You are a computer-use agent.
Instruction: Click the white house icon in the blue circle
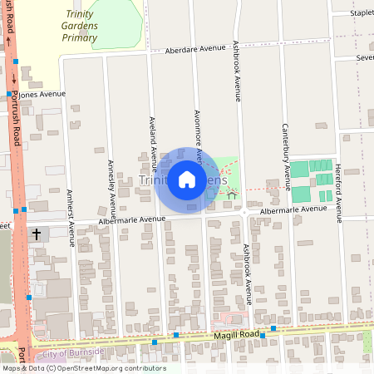tap(187, 180)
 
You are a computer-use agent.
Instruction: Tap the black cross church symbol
tap(37, 235)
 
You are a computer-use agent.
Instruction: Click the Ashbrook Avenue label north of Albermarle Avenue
tap(237, 71)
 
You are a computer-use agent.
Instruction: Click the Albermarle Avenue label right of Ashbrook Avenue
tap(293, 210)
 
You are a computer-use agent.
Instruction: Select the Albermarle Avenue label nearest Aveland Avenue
tap(132, 221)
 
